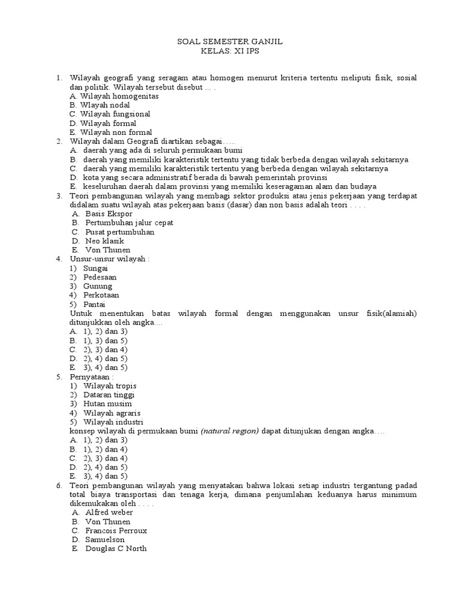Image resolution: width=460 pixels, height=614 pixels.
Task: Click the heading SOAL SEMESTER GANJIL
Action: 231,43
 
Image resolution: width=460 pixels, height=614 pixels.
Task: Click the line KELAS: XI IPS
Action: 231,52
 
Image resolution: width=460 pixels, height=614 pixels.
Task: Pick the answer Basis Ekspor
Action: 109,213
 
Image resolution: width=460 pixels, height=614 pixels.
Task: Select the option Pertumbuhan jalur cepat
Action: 129,222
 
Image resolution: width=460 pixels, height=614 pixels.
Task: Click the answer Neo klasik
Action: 105,240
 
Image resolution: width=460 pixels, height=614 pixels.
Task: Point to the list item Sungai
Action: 96,268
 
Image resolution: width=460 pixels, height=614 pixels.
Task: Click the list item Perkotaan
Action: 101,295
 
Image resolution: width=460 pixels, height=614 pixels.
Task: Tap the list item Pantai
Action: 95,304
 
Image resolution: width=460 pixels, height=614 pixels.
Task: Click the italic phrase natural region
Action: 230,431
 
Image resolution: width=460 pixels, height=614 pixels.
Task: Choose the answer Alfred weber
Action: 109,513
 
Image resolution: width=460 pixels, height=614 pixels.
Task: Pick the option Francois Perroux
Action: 116,531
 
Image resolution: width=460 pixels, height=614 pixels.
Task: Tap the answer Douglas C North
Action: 116,549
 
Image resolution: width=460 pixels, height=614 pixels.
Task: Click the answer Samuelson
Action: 105,540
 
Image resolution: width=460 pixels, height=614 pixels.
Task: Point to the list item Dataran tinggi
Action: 110,395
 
